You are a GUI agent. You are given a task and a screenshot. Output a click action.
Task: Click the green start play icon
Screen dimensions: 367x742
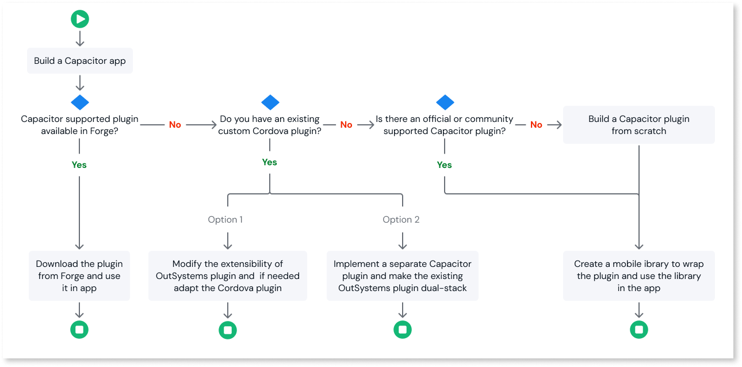pyautogui.click(x=80, y=19)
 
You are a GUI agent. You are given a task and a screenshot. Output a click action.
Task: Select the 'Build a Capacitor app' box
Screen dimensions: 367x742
pyautogui.click(x=80, y=61)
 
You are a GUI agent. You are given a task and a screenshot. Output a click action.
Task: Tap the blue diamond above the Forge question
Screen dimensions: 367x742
pyautogui.click(x=80, y=102)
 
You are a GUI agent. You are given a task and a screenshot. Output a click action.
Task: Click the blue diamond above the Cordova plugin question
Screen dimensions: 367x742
pyautogui.click(x=270, y=102)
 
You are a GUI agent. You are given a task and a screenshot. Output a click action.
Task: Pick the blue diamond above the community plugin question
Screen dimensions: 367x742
pyautogui.click(x=445, y=102)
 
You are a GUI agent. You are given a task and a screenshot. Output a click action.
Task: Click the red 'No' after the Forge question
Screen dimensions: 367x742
pyautogui.click(x=175, y=124)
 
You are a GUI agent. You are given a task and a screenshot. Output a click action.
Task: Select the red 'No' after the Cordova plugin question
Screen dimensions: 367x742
pyautogui.click(x=346, y=124)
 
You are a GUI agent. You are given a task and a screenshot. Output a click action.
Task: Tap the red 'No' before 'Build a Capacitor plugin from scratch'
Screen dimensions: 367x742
pyautogui.click(x=536, y=124)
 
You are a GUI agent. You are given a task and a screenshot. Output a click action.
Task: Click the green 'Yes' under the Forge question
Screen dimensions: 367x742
pyautogui.click(x=79, y=165)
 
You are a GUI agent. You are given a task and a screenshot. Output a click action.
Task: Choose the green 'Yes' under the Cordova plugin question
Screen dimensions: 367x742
pyautogui.click(x=270, y=162)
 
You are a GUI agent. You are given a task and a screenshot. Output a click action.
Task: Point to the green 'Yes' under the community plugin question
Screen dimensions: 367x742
pyautogui.click(x=445, y=165)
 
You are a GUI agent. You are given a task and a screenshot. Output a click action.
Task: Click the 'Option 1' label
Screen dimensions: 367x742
pyautogui.click(x=225, y=219)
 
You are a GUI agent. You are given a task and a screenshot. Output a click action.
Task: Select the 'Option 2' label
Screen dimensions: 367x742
pyautogui.click(x=401, y=219)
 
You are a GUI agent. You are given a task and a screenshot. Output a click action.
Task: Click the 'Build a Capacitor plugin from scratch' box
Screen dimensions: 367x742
pyautogui.click(x=638, y=125)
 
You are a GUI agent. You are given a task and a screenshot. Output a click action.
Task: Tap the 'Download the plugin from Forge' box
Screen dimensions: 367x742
pyautogui.click(x=79, y=276)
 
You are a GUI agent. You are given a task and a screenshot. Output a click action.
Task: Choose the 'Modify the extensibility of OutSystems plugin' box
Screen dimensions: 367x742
pyautogui.click(x=228, y=276)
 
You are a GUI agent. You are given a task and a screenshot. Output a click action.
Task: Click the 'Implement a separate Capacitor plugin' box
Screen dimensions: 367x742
pyautogui.click(x=403, y=276)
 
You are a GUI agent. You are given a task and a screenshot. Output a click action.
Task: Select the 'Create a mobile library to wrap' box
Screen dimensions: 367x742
pyautogui.click(x=638, y=276)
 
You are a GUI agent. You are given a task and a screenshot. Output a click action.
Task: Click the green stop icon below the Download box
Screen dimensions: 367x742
pyautogui.click(x=79, y=330)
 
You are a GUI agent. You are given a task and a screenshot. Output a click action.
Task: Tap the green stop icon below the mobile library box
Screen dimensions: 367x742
pyautogui.click(x=638, y=330)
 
